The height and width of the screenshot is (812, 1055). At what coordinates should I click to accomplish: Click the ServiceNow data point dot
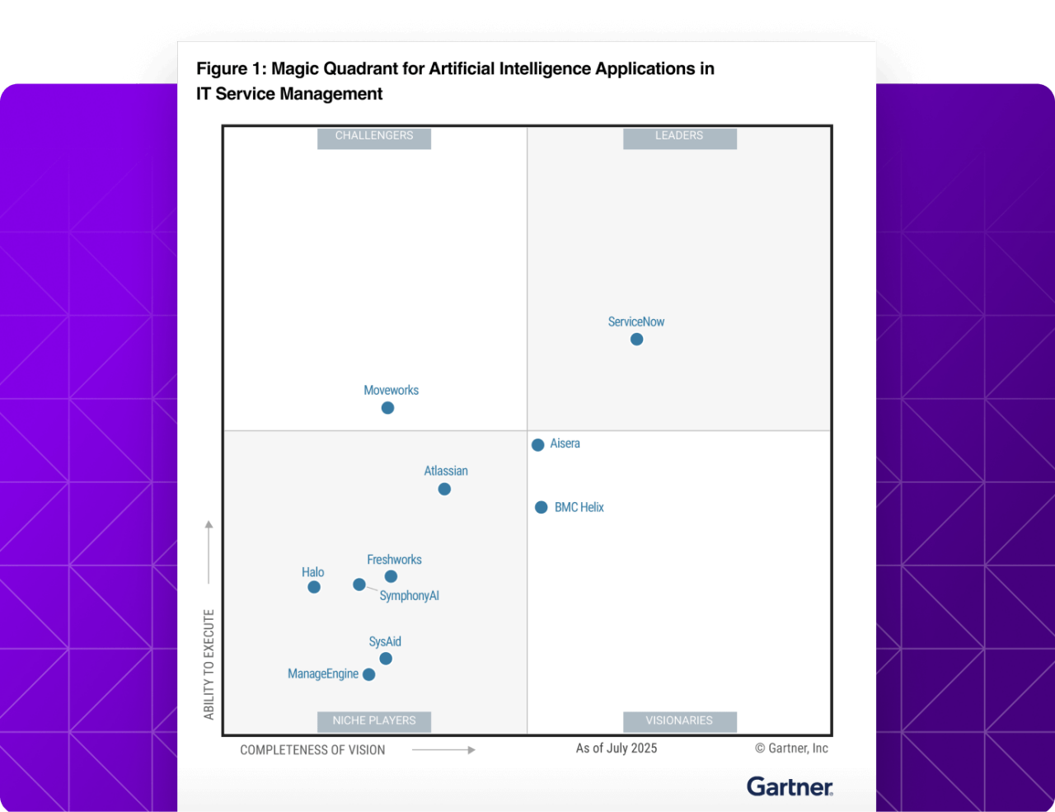point(636,340)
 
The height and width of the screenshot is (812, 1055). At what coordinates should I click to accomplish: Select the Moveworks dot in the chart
point(387,408)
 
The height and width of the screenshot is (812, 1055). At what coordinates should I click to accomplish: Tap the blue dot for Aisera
point(538,445)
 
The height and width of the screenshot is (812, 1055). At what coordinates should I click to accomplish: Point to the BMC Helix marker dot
point(542,508)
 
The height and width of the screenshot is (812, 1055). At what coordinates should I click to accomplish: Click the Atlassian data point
point(444,490)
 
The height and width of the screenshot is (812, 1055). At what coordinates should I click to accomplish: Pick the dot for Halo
point(314,588)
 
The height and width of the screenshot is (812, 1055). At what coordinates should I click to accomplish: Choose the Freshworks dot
point(392,577)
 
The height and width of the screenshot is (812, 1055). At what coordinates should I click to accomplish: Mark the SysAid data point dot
point(386,659)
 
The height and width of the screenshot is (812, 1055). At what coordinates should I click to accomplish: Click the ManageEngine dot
point(369,675)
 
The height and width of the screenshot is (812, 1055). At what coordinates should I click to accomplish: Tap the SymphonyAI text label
point(409,596)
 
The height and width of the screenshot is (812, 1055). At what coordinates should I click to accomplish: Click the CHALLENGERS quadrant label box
point(374,137)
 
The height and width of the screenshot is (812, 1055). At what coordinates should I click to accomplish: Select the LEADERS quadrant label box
point(679,137)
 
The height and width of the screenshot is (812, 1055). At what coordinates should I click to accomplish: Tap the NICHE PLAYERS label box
point(374,721)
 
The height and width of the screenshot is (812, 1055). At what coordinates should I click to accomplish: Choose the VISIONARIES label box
point(679,721)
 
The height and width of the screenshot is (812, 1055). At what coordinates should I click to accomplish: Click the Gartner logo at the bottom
point(790,787)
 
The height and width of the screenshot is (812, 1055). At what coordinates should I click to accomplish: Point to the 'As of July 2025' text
point(617,749)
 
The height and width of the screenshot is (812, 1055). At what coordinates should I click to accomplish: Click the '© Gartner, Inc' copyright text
point(791,749)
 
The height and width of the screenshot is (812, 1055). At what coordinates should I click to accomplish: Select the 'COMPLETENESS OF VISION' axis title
point(312,750)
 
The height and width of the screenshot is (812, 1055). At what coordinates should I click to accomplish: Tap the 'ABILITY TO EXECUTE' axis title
point(209,664)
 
